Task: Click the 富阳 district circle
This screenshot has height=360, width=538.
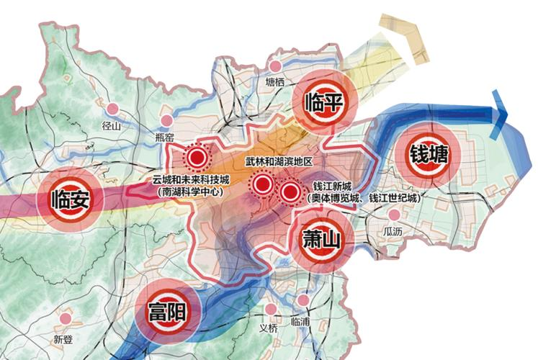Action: pos(166,313)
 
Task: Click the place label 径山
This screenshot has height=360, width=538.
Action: pos(111,125)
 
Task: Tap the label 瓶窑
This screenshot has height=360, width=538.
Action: pos(166,136)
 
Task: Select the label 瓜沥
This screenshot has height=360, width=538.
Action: pos(394,232)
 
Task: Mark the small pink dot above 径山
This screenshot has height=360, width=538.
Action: pos(112,109)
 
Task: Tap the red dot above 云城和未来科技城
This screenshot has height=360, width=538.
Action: pos(195,156)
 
